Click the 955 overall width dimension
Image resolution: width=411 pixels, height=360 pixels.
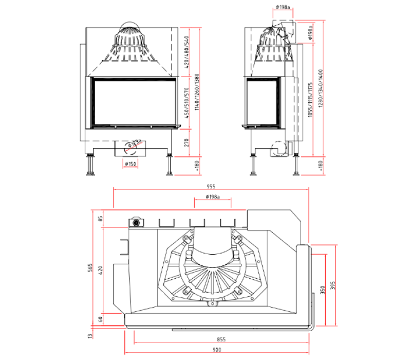[x=211, y=186]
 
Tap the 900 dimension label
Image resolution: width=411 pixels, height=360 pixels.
[x=216, y=350]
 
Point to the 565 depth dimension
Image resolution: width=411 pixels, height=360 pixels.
[x=89, y=267]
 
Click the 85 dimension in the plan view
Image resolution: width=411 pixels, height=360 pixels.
[x=101, y=218]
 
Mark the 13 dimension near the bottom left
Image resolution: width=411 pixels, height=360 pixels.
[x=89, y=336]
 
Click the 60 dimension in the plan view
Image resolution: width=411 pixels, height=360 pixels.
[x=101, y=319]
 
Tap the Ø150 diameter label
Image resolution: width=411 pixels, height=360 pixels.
[x=130, y=164]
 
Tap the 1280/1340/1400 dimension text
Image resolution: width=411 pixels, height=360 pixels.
[x=320, y=91]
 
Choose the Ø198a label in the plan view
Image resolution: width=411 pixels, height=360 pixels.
[x=212, y=197]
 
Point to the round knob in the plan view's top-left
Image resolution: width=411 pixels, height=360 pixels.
[x=137, y=223]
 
